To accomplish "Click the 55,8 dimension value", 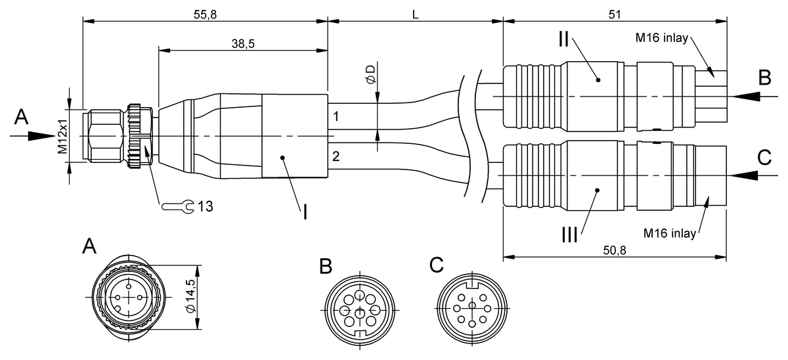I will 206,13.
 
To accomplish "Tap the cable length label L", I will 415,13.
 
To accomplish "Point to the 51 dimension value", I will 615,13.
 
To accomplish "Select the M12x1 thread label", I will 62,137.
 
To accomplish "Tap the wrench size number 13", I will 205,206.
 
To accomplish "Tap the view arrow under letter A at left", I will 33,136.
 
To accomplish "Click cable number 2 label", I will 336,156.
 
